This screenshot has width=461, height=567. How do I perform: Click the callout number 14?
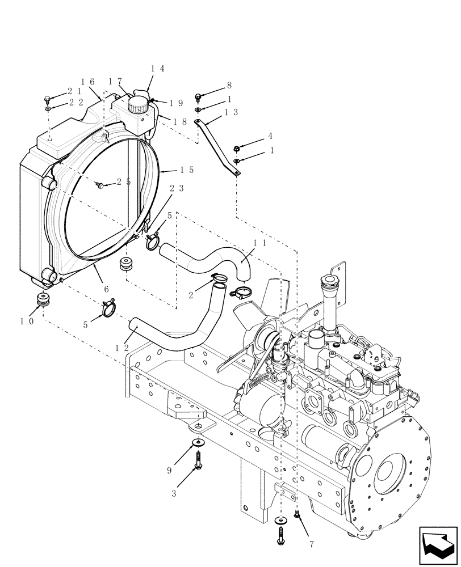(x=157, y=69)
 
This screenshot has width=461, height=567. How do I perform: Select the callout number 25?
(x=124, y=182)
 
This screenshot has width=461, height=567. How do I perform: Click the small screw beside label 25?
(x=100, y=185)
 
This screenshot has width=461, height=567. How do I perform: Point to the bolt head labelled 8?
(x=198, y=97)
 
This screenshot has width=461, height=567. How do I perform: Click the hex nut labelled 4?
(x=236, y=149)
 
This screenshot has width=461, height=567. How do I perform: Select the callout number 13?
(x=231, y=112)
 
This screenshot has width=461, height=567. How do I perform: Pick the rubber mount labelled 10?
(x=42, y=300)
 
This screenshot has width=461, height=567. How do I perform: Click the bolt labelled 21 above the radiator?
(x=48, y=99)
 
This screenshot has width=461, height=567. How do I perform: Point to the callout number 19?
(x=175, y=104)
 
